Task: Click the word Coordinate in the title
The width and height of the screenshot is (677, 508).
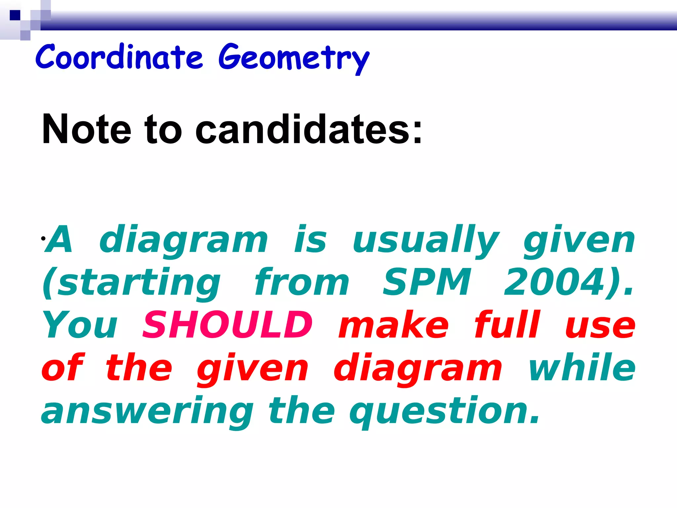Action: click(119, 57)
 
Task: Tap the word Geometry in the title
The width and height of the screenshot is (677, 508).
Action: click(294, 58)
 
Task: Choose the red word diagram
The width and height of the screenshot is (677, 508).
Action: click(418, 369)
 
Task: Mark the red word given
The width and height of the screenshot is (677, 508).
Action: click(253, 369)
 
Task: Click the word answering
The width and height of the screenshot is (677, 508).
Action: click(147, 412)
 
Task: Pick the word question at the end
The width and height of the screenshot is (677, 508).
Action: click(440, 412)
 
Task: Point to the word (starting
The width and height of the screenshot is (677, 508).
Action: click(132, 283)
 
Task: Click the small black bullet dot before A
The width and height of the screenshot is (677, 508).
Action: click(43, 238)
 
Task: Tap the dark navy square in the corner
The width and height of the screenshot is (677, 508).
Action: click(15, 15)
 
